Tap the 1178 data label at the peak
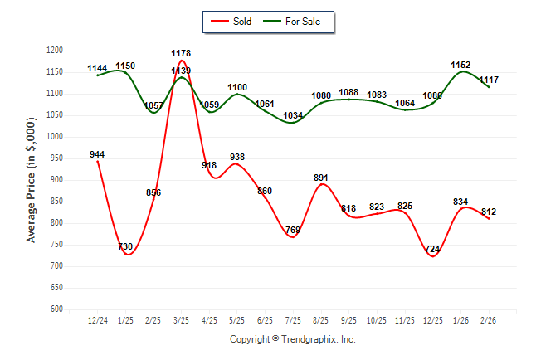[x=182, y=53]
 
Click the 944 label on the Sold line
[x=97, y=154]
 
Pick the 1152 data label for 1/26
[x=461, y=64]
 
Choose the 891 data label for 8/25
[x=321, y=178]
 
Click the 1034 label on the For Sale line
[x=293, y=115]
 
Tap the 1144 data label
[x=97, y=68]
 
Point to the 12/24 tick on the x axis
[x=97, y=319]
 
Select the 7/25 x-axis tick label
[x=293, y=319]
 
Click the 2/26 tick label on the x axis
[x=489, y=319]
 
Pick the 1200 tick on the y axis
[x=55, y=51]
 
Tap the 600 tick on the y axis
[x=57, y=309]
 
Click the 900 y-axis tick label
[x=57, y=180]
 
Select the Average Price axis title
[x=32, y=180]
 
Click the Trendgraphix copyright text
[x=292, y=339]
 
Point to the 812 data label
[x=489, y=212]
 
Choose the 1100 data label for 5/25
[x=237, y=87]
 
